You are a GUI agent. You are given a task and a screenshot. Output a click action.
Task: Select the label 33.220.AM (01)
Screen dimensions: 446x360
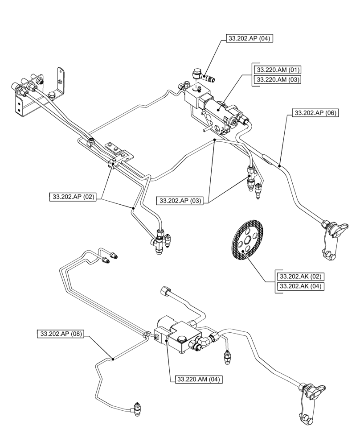click(x=277, y=70)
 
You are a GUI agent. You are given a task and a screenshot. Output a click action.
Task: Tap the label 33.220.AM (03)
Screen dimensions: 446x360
click(x=277, y=80)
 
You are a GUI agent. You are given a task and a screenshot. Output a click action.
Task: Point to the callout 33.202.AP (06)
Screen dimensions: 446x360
click(x=315, y=113)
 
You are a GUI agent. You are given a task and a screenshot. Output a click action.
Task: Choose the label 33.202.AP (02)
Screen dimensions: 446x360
click(x=73, y=197)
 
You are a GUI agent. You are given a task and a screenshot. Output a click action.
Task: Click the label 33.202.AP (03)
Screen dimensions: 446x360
click(x=180, y=201)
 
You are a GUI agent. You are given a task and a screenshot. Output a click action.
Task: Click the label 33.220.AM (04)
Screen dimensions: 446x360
click(x=198, y=380)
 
